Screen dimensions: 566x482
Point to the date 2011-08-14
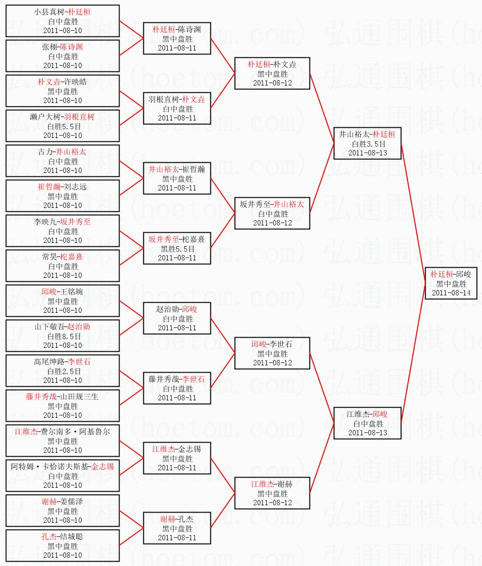click(451, 292)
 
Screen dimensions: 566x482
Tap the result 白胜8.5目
click(63, 336)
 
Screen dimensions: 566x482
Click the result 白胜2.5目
click(63, 371)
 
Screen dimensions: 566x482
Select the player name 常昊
click(50, 257)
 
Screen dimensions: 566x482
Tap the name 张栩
click(50, 47)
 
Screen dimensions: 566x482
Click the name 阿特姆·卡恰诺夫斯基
click(50, 467)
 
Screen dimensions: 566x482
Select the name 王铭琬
click(71, 292)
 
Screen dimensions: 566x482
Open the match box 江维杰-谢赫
click(272, 493)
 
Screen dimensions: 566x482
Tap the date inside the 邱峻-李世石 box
click(272, 362)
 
